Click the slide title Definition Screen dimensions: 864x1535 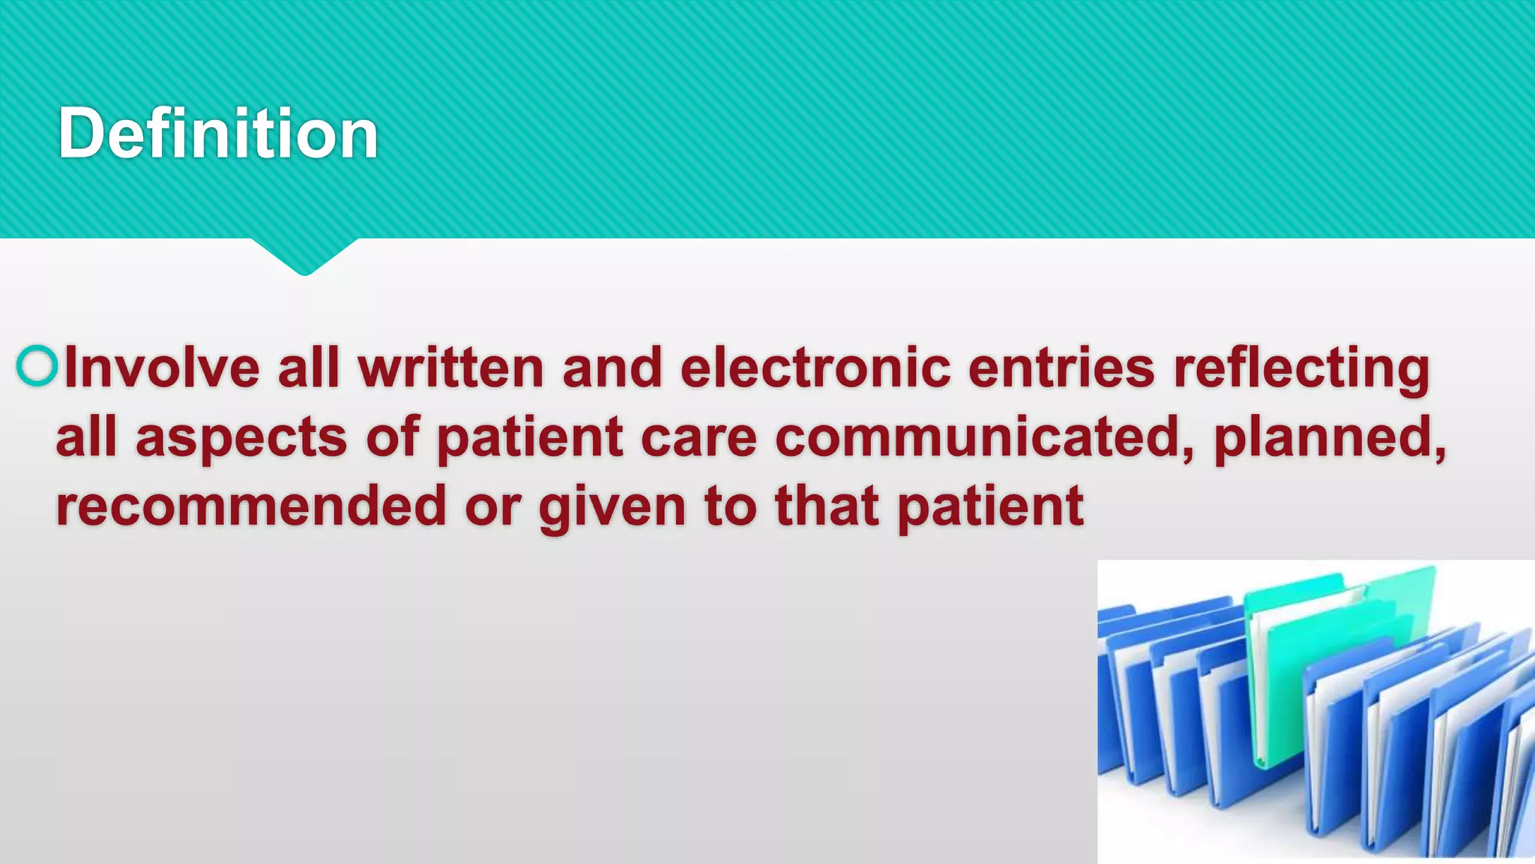(x=217, y=133)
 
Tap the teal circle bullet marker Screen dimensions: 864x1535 (x=36, y=366)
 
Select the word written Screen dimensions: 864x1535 (x=450, y=367)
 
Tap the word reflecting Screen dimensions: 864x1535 (x=1302, y=369)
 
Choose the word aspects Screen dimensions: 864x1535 (x=241, y=438)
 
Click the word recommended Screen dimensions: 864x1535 (x=251, y=506)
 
